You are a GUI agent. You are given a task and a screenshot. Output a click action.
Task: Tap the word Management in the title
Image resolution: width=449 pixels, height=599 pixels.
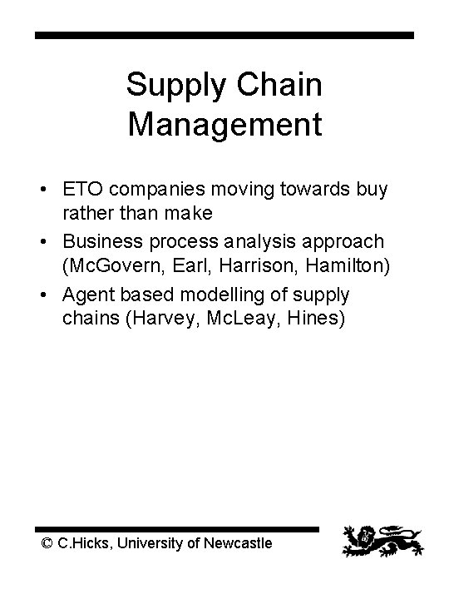pyautogui.click(x=224, y=125)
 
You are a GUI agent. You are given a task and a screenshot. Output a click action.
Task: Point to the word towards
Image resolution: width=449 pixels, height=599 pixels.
pyautogui.click(x=302, y=190)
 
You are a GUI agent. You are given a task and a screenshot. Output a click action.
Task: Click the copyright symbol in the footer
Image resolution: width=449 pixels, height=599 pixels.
pyautogui.click(x=47, y=542)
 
